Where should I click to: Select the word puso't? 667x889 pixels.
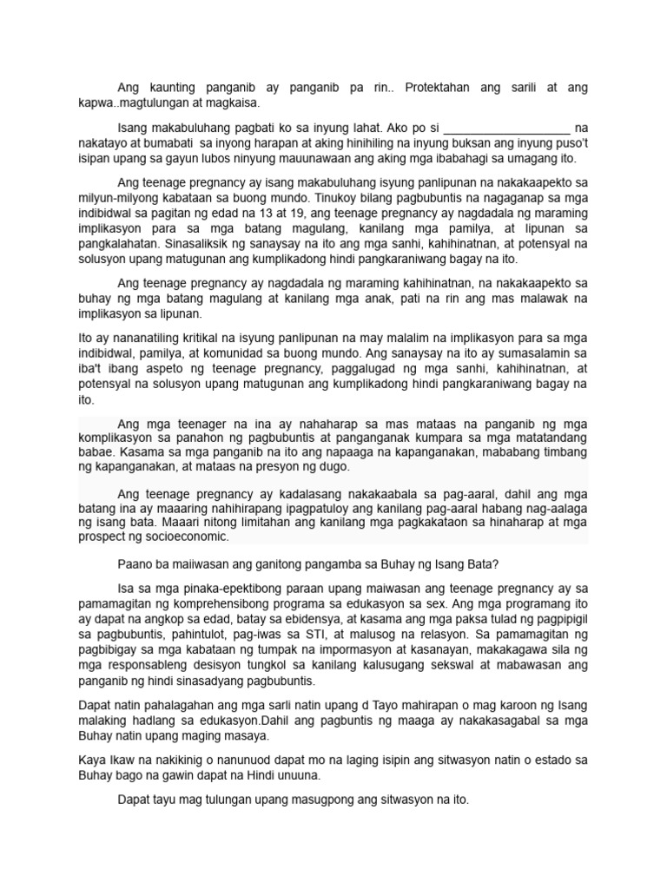pos(569,143)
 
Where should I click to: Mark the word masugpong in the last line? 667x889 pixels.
pos(285,800)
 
